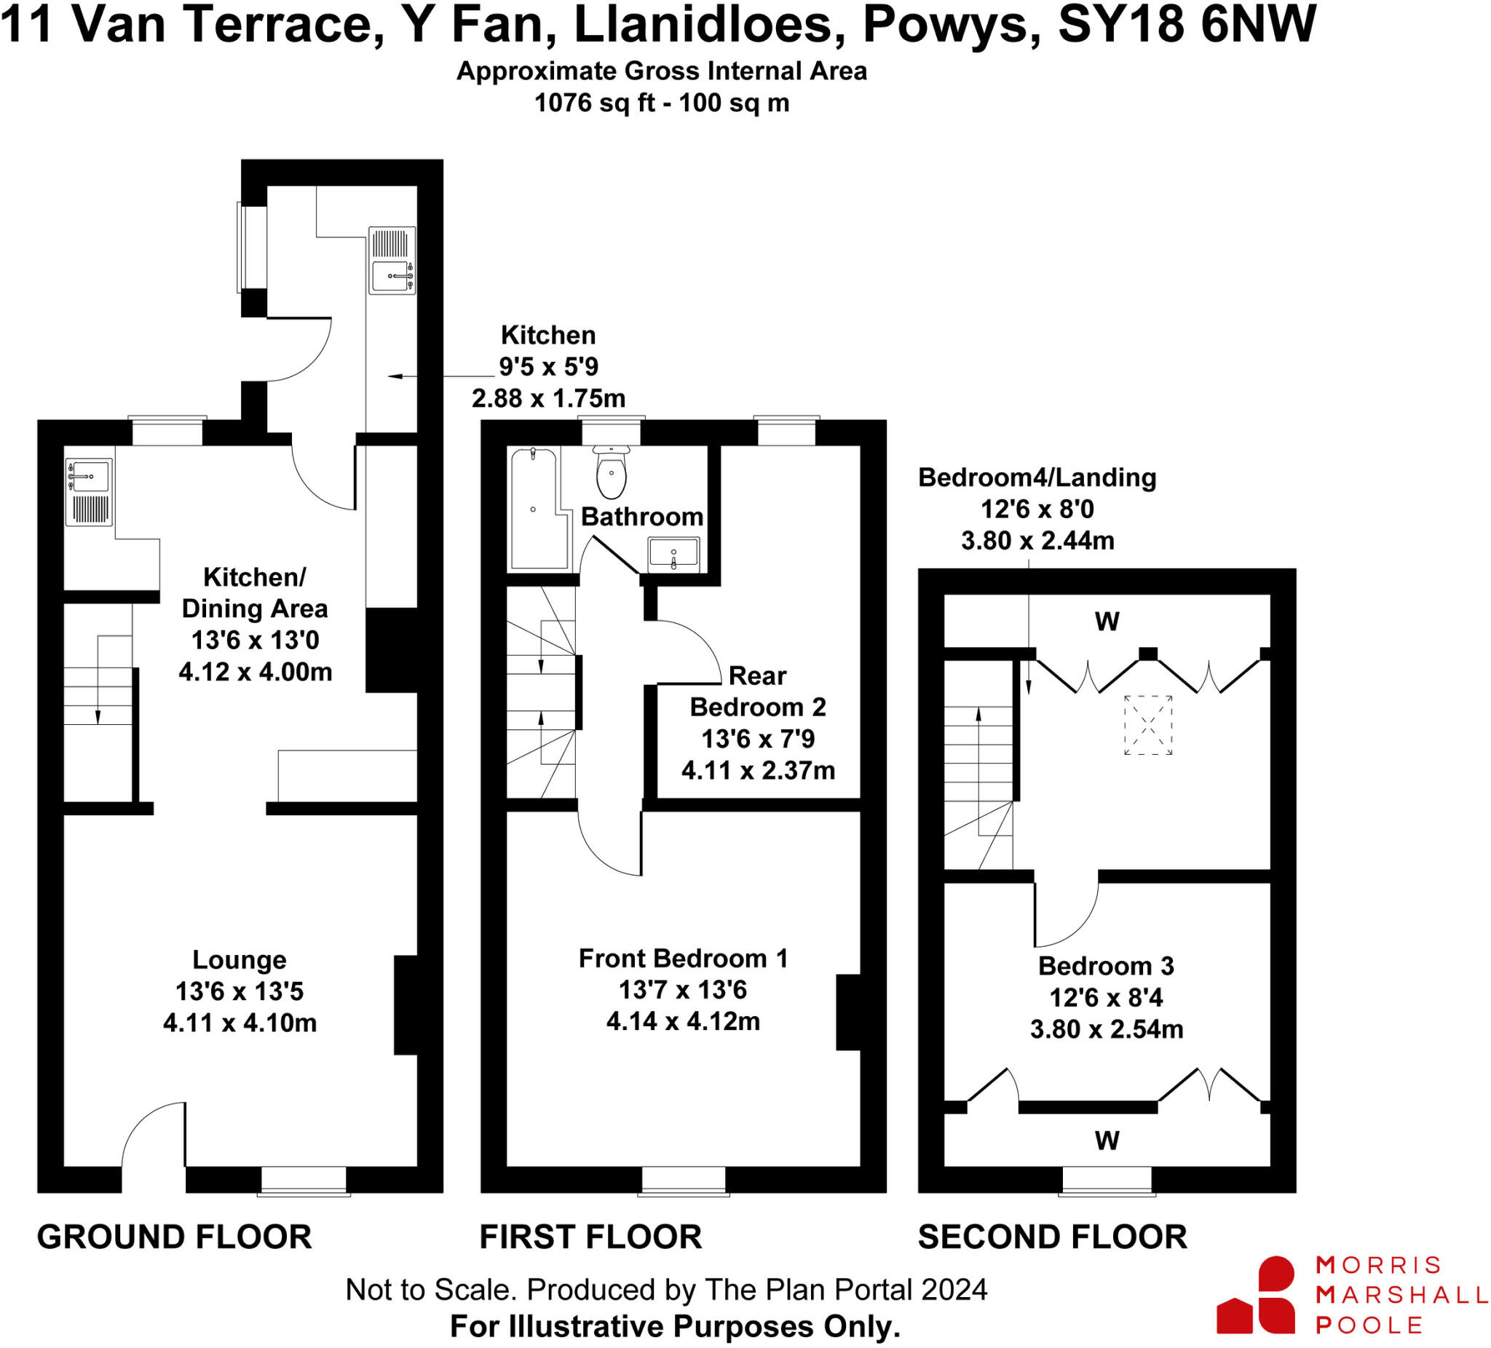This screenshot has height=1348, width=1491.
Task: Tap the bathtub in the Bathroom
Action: [x=538, y=510]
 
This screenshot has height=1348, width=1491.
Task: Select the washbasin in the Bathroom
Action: [x=673, y=555]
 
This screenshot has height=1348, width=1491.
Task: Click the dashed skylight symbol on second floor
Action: [x=1148, y=725]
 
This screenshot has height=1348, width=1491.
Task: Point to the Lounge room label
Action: [x=239, y=960]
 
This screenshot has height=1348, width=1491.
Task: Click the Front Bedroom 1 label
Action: [x=683, y=959]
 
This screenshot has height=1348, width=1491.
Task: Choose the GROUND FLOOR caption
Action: [x=175, y=1237]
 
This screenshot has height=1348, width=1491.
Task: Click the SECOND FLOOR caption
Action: [x=1052, y=1237]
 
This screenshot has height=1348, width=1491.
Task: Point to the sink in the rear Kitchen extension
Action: [x=392, y=276]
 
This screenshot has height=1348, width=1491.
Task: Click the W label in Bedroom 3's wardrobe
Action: [x=1107, y=1141]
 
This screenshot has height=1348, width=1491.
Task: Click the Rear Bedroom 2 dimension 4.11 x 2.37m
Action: [x=758, y=771]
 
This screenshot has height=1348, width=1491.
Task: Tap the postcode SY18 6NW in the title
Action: [x=1187, y=25]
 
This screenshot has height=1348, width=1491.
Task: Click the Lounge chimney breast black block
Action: [x=406, y=1005]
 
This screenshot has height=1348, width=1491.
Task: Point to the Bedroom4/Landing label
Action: [x=1037, y=477]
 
